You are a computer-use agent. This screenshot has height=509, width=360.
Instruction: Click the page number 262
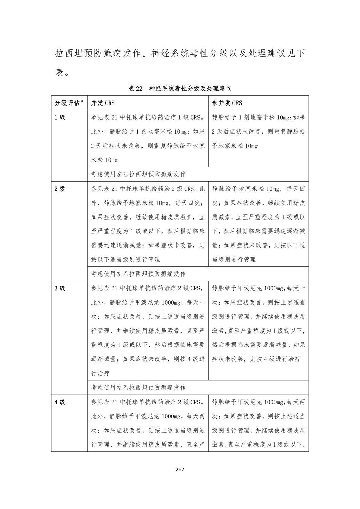[x=180, y=470]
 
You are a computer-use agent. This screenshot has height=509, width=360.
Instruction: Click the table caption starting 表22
[x=180, y=89]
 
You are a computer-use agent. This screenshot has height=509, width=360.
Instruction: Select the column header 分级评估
[x=67, y=103]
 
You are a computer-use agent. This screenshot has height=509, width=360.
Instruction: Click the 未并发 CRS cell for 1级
[x=258, y=132]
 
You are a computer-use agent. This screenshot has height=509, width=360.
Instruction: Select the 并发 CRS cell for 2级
[x=148, y=224]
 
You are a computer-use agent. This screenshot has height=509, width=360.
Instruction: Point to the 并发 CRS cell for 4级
[x=148, y=423]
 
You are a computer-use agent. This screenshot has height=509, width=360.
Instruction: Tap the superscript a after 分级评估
[x=82, y=101]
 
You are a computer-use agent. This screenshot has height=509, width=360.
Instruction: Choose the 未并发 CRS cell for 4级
[x=258, y=423]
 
